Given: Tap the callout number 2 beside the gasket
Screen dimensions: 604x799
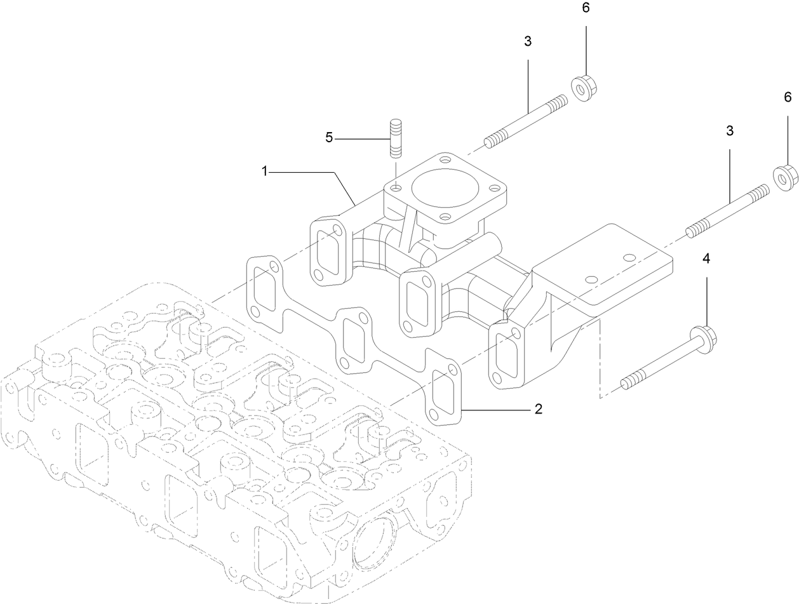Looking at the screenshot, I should point(538,409).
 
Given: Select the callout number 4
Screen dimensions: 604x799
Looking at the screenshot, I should point(706,258).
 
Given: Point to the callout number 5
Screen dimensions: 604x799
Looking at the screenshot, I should point(329,138).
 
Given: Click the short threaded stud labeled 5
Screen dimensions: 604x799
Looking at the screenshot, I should point(395,138).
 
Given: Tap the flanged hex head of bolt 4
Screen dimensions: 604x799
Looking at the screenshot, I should point(706,334).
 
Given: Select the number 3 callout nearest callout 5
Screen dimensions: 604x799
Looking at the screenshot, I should point(528,41).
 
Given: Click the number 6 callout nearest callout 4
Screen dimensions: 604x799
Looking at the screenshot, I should point(788,97).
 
